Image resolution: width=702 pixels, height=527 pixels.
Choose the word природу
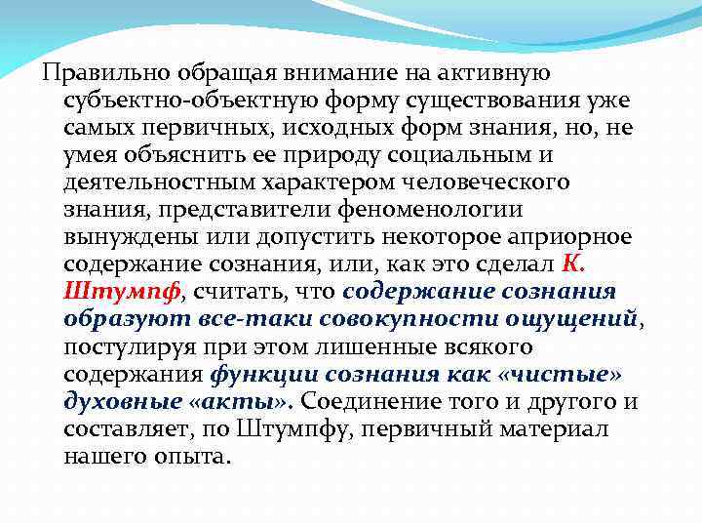(x=388, y=156)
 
